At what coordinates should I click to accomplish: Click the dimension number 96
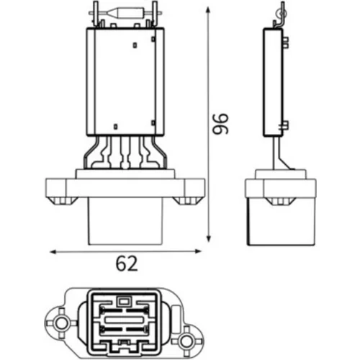click(221, 124)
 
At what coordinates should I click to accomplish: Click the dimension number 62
click(127, 264)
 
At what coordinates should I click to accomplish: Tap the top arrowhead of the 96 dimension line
click(208, 11)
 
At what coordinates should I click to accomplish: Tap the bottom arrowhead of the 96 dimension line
click(209, 238)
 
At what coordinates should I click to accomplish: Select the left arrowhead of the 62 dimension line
click(53, 252)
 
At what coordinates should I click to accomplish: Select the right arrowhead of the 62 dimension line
click(198, 251)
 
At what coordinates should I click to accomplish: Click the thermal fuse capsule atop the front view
click(125, 12)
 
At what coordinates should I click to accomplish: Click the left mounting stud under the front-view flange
click(63, 201)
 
